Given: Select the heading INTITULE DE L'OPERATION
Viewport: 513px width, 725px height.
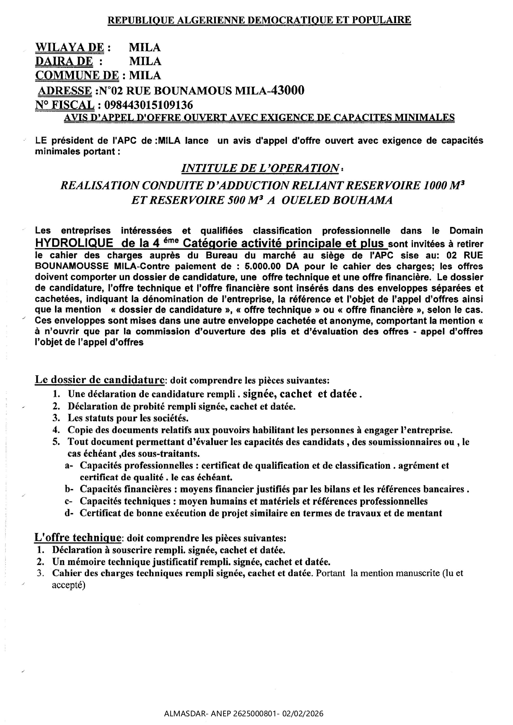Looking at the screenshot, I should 260,168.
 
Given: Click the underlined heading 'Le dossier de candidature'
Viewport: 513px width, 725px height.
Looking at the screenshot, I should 100,379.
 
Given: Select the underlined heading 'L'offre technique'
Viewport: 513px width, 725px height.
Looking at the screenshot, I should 78,538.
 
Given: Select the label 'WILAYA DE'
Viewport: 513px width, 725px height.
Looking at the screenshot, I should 69,48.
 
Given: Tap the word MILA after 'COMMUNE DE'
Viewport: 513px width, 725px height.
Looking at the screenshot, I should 145,76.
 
